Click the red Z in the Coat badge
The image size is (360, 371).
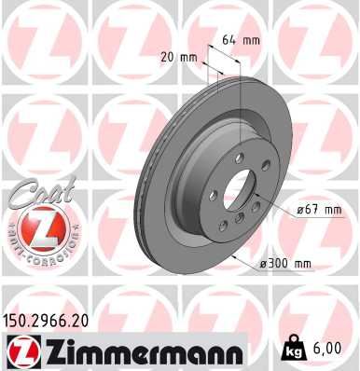[x=34, y=227]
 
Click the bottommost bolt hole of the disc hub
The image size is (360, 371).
[x=239, y=215]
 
